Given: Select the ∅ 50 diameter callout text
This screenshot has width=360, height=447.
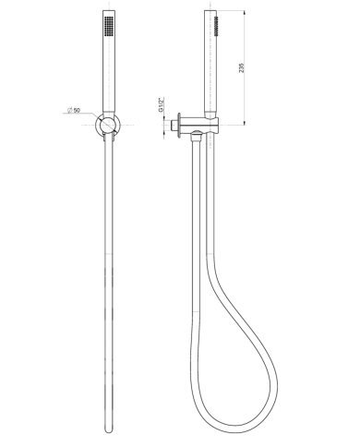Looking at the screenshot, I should click(74, 111).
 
